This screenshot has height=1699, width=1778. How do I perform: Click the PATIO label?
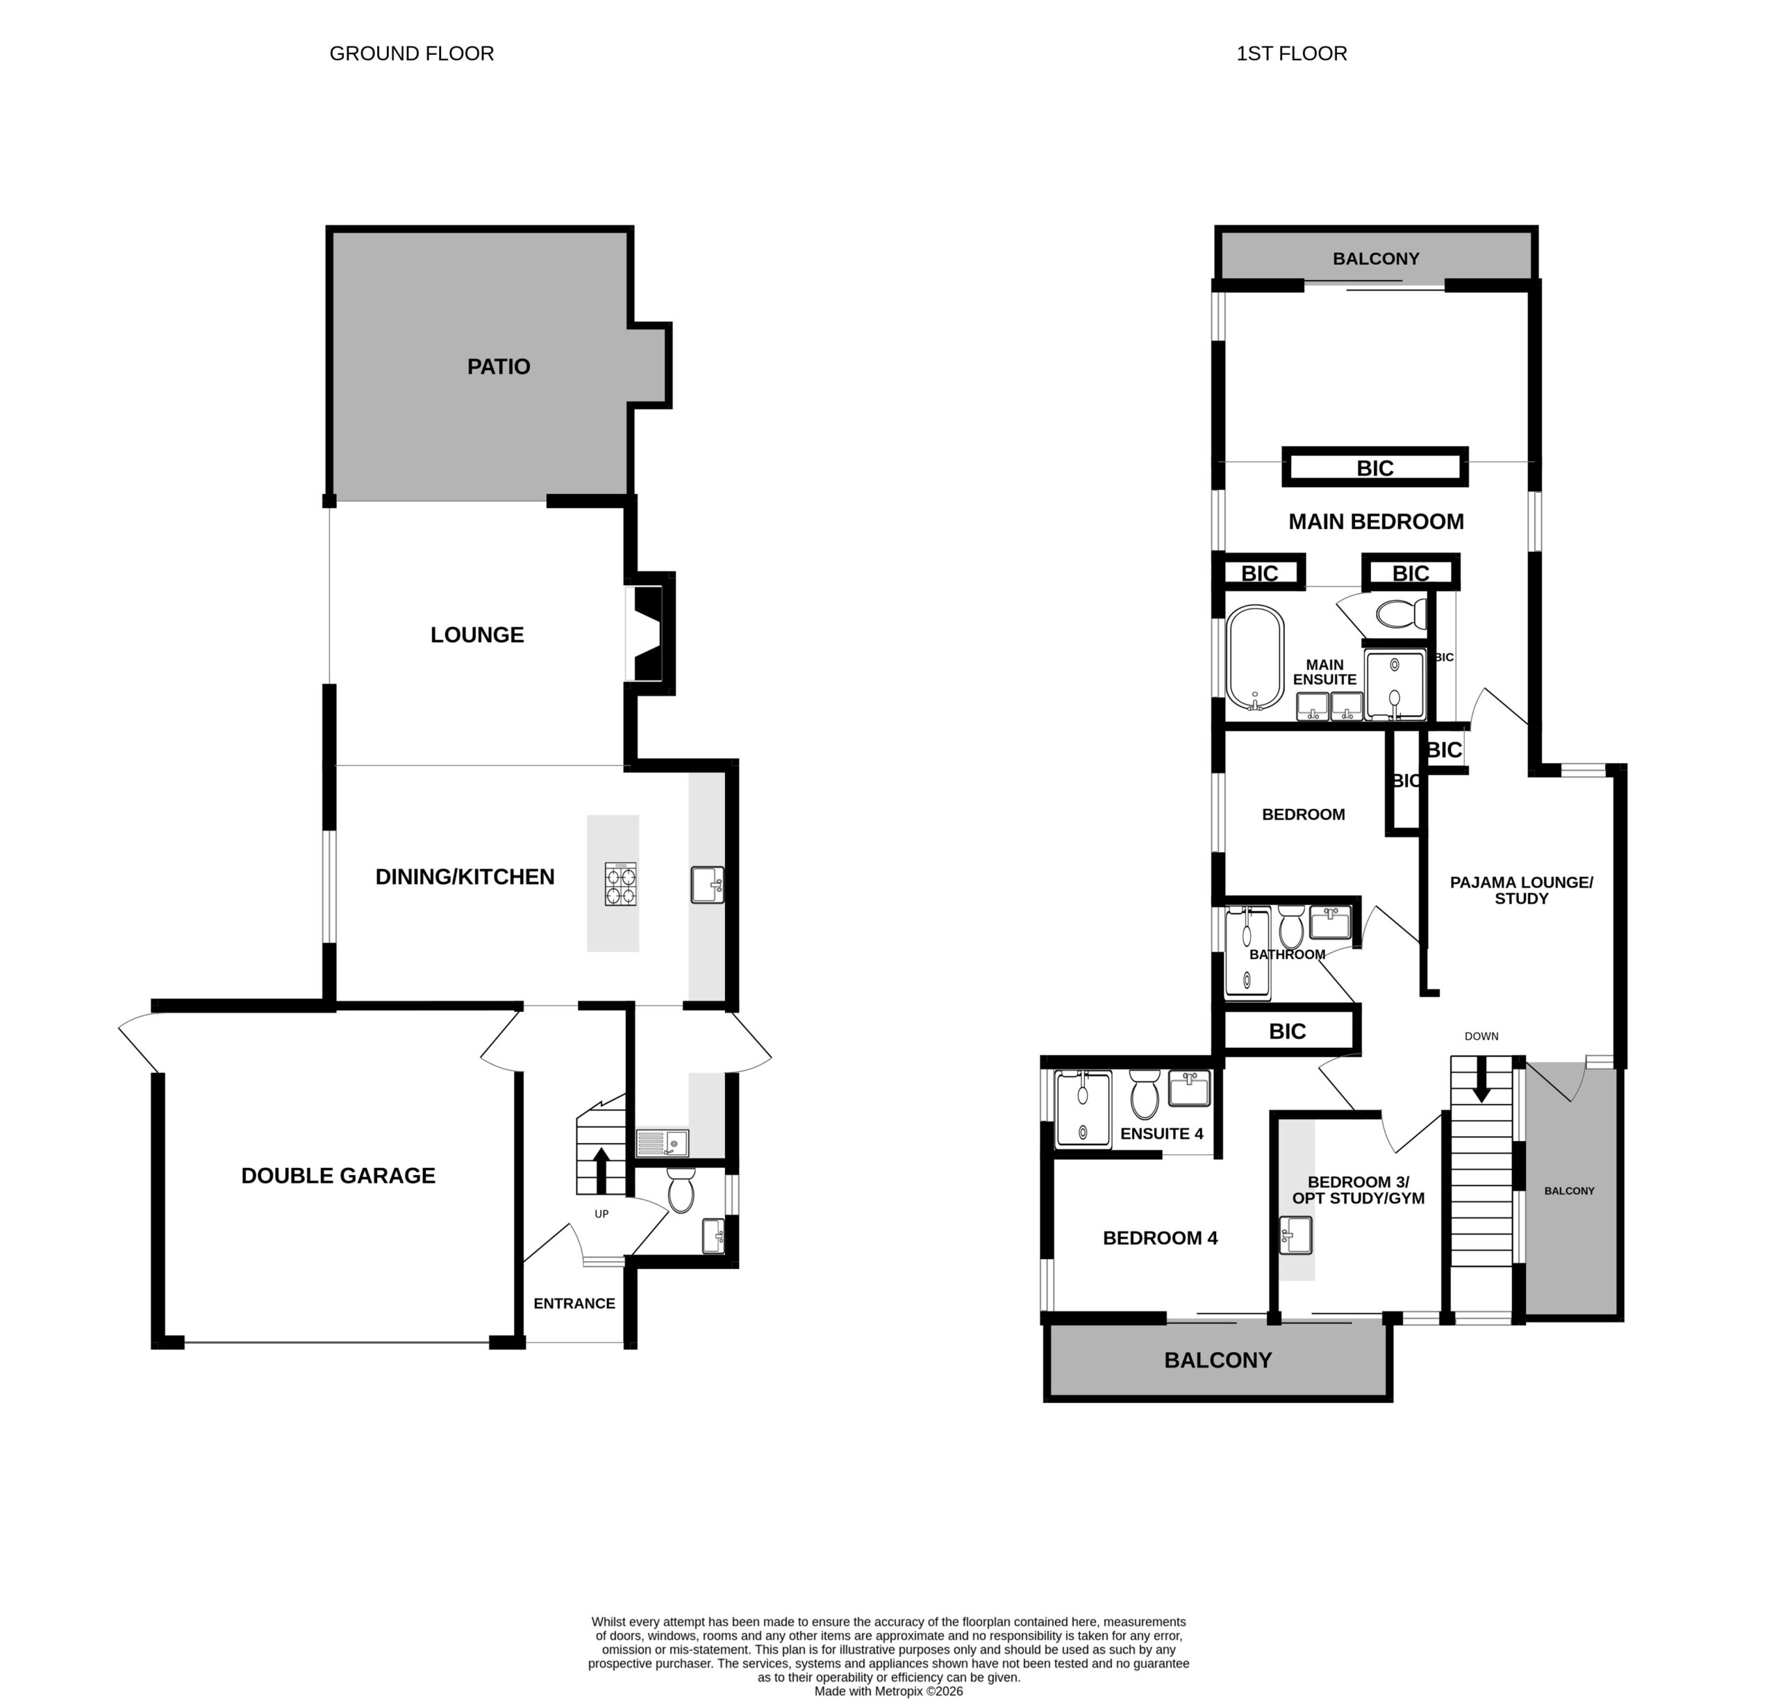point(498,367)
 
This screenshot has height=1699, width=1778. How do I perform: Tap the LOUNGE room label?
point(477,635)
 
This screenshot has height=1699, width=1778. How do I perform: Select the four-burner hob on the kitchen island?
point(620,884)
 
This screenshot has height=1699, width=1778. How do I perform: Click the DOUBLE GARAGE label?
point(338,1176)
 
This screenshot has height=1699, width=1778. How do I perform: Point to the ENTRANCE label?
point(574,1303)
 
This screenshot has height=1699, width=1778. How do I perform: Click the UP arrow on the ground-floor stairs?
point(600,1170)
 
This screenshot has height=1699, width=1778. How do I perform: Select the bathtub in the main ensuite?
point(1255,657)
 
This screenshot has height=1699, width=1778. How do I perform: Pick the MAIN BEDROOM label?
point(1376,522)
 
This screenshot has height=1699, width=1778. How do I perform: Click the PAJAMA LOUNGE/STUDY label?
point(1521,890)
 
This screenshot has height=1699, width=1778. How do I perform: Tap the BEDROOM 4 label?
point(1160,1238)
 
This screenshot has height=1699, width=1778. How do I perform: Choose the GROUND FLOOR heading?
point(412,54)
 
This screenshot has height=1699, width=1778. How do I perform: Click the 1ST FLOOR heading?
point(1292,54)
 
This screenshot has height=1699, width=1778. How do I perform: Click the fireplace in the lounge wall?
point(649,633)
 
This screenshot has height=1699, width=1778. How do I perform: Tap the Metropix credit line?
point(889,1691)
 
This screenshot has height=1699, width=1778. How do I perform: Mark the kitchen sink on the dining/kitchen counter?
point(707,885)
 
